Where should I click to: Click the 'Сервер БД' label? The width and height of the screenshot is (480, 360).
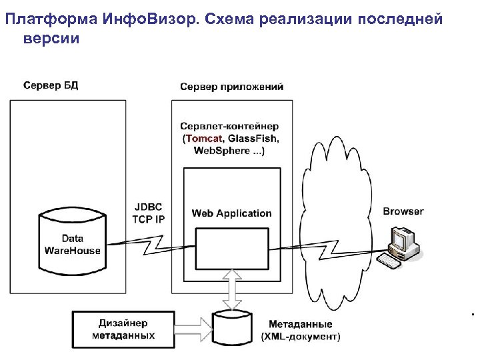51,85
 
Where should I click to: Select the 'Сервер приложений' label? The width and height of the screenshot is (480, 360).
231,86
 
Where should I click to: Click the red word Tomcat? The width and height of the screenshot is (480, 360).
205,138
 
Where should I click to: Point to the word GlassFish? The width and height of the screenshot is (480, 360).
253,138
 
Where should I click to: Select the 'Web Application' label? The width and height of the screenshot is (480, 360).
231,213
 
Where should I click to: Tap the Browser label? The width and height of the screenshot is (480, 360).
403,211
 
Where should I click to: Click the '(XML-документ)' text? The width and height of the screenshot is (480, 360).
300,337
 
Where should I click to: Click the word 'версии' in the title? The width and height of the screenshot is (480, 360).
51,38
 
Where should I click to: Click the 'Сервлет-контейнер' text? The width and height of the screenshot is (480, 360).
229,126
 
